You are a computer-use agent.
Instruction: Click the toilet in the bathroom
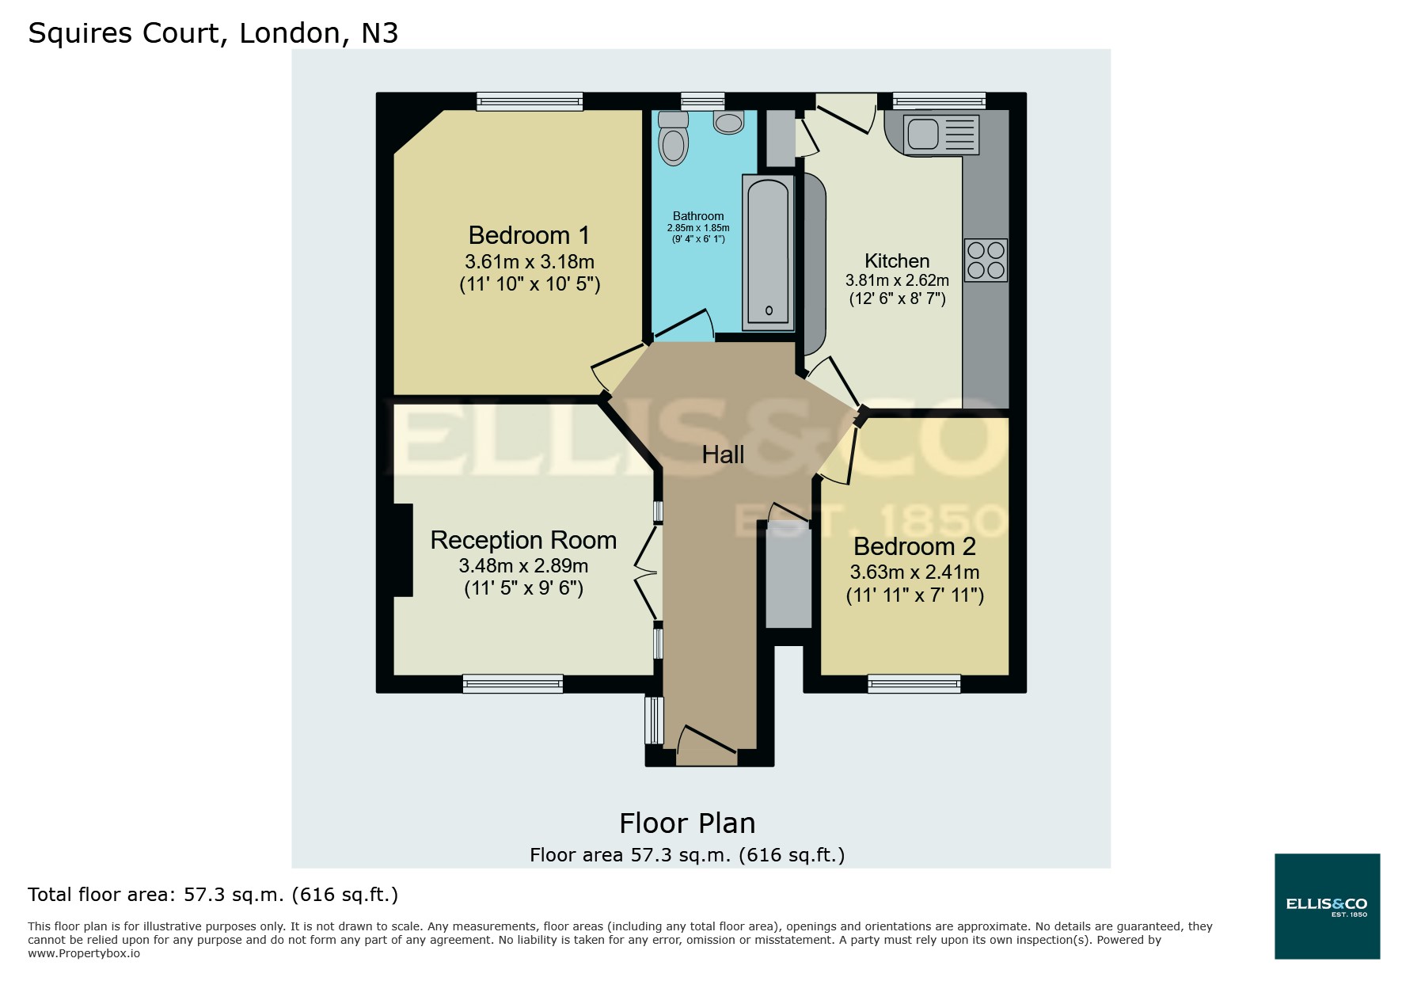[673, 139]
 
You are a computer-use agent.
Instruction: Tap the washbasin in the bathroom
[728, 122]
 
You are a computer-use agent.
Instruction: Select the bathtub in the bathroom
[767, 252]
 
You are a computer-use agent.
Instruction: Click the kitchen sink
[923, 134]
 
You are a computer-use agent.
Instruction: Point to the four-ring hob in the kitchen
[986, 260]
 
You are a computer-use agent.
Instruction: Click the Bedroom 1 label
[529, 235]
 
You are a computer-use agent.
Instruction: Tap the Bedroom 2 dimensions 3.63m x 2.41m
[914, 572]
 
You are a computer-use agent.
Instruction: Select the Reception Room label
[523, 540]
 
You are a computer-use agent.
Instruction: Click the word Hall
[723, 454]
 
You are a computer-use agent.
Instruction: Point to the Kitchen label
[897, 260]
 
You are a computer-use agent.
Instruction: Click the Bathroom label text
[697, 216]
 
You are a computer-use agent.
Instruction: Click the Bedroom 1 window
[530, 101]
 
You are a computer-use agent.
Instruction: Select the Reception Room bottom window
[513, 683]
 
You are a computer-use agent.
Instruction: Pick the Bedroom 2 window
[914, 683]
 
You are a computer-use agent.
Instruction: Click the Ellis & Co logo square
[1327, 906]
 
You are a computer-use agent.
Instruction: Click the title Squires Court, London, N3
[213, 32]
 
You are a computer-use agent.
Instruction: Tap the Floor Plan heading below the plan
[687, 823]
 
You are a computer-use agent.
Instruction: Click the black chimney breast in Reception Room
[403, 549]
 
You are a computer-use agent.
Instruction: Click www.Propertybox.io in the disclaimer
[84, 953]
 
